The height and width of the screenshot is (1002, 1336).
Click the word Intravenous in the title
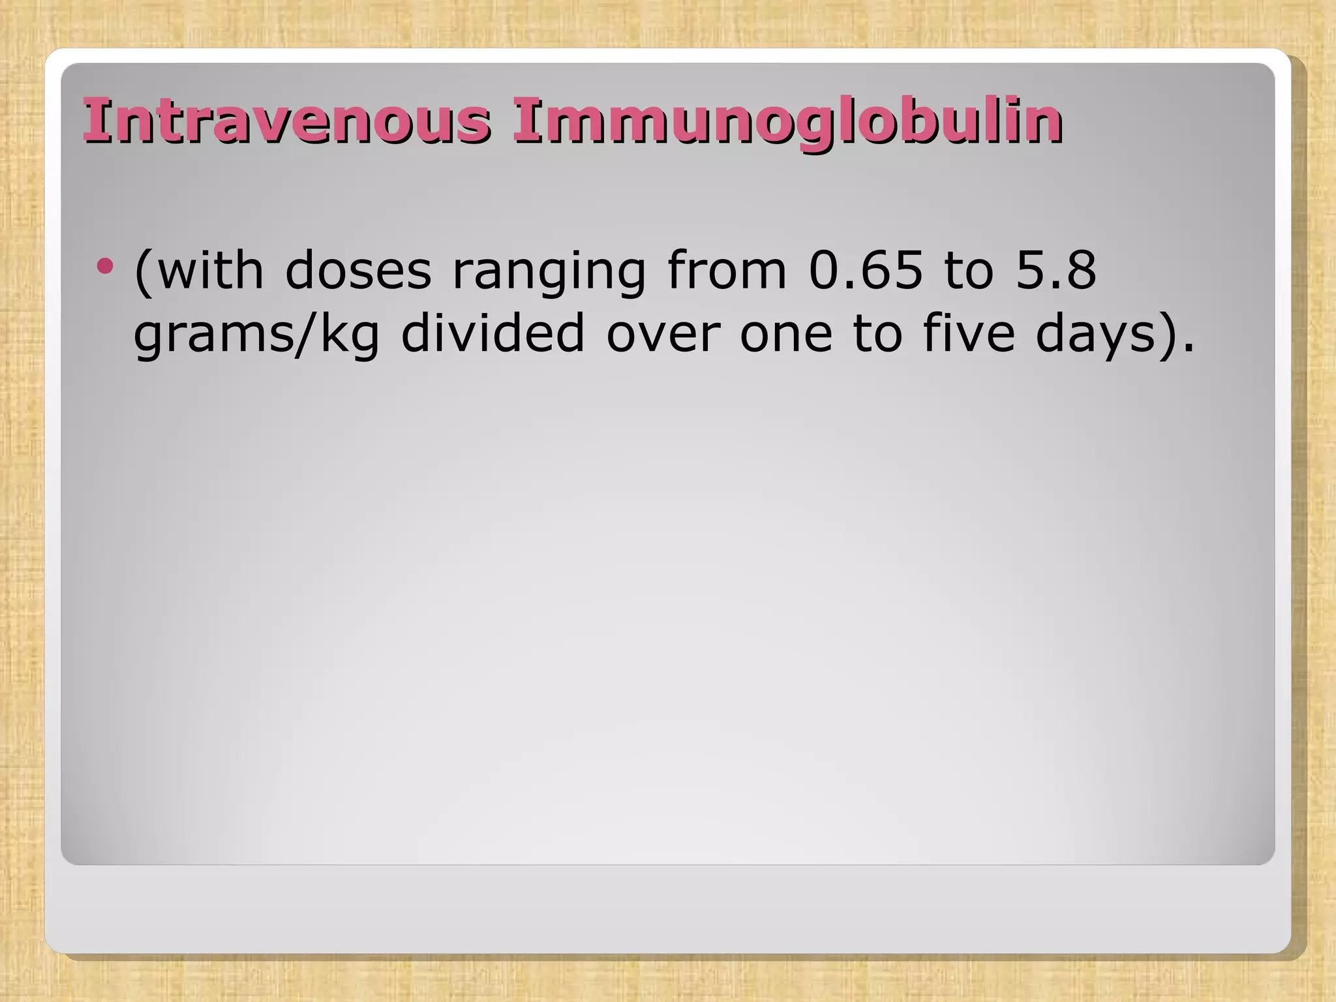pos(287,121)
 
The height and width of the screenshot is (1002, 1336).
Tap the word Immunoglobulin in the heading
pos(787,122)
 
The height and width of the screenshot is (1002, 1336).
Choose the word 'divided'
pos(493,333)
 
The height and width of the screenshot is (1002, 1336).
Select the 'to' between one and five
pos(878,334)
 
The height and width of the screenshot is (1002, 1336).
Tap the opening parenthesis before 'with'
pos(143,271)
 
